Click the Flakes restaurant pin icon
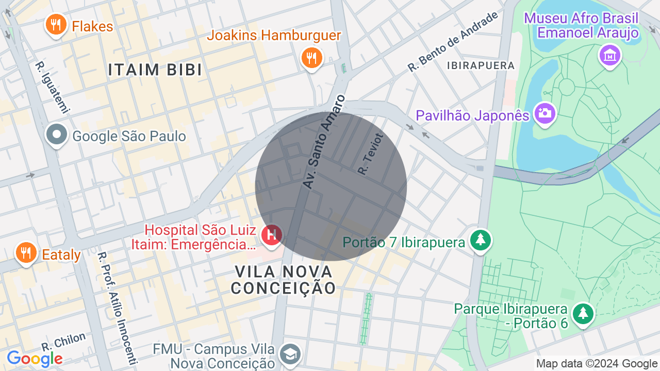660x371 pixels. (x=56, y=25)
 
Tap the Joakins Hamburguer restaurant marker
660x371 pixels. (x=311, y=58)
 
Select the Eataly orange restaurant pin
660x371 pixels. (x=26, y=253)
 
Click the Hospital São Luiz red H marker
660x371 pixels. (x=271, y=235)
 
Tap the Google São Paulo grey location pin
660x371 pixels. (x=57, y=135)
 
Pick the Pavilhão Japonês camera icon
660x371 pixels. (x=544, y=113)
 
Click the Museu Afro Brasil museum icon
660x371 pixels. (x=609, y=55)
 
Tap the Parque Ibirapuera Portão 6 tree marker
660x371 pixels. (x=583, y=313)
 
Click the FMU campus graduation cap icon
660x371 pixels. (x=289, y=354)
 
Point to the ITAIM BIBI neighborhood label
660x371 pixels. (x=155, y=70)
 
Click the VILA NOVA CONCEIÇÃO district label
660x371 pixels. (x=283, y=279)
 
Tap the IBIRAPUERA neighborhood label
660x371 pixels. (x=481, y=65)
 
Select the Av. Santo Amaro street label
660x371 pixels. (x=323, y=141)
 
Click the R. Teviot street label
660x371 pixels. (x=371, y=154)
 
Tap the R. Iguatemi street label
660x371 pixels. (x=52, y=87)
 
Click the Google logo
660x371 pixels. (x=35, y=359)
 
